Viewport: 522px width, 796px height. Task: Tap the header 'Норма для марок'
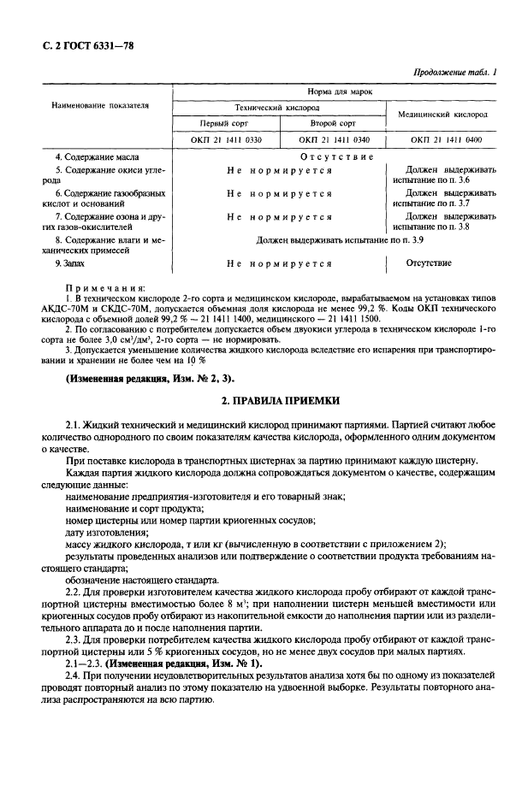point(338,91)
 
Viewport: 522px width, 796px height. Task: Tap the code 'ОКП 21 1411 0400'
point(445,139)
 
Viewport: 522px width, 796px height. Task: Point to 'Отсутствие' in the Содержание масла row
point(336,157)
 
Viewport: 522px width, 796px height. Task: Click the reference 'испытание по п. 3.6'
point(431,181)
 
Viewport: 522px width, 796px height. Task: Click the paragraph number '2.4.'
point(75,675)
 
